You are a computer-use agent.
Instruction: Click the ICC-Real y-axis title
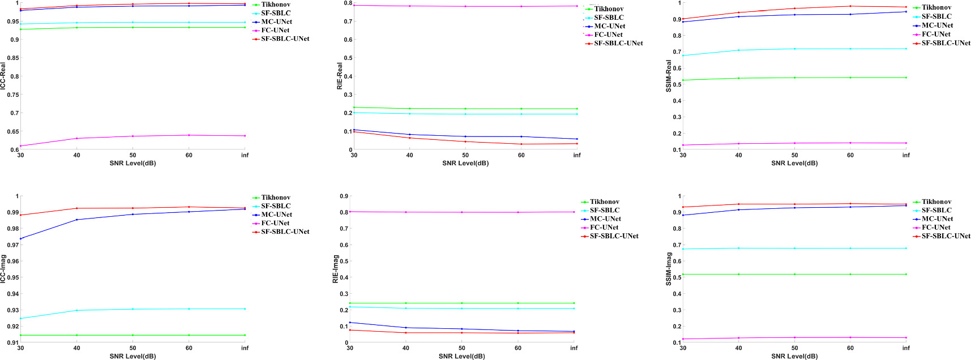[3, 76]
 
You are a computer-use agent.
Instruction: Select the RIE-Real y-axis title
[340, 76]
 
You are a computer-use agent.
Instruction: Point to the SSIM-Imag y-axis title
[669, 269]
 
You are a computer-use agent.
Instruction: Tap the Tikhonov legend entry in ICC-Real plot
[276, 5]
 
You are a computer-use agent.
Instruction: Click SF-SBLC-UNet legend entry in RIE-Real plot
[618, 43]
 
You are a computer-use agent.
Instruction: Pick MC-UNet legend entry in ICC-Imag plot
[276, 215]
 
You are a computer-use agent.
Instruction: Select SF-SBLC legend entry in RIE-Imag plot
[605, 210]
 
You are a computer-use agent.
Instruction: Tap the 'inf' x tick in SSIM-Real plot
[906, 155]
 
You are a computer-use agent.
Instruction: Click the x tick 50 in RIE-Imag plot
[462, 348]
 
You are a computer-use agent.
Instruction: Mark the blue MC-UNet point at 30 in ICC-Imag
[21, 238]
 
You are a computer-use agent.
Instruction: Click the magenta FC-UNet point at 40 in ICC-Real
[77, 138]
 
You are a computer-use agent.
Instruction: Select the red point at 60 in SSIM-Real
[850, 6]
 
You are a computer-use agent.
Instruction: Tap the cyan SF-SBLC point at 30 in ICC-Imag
[21, 318]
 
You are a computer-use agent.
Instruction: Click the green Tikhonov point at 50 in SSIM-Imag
[794, 274]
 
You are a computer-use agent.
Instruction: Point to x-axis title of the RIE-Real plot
[465, 163]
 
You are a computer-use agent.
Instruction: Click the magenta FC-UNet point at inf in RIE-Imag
[574, 212]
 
